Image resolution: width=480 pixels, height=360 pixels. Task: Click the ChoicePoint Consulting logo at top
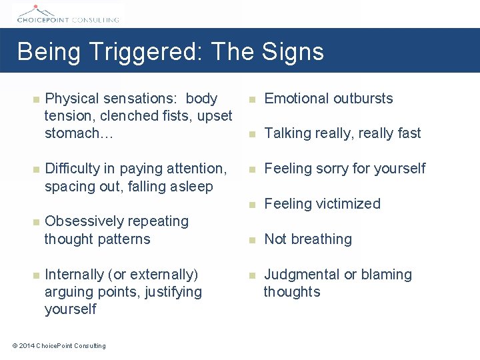tap(67, 13)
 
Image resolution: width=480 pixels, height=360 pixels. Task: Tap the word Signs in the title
tap(293, 52)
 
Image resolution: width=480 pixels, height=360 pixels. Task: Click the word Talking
tap(288, 133)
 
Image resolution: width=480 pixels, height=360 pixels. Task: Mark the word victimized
tap(347, 204)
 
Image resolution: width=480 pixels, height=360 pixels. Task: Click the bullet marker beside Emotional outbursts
tap(251, 99)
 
